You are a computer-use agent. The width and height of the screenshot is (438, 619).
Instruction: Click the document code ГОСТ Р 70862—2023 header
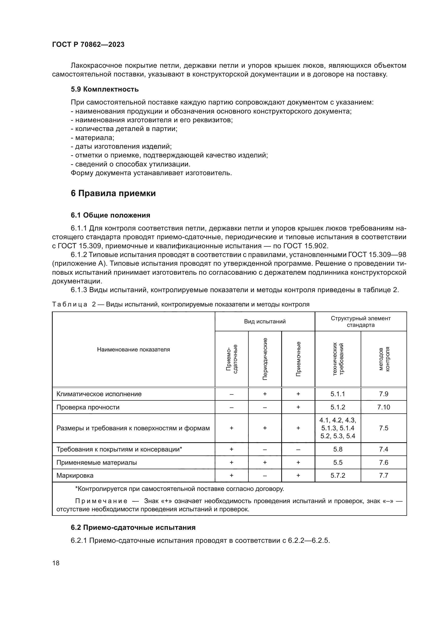[88, 44]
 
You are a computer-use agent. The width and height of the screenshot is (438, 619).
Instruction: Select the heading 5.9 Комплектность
[105, 89]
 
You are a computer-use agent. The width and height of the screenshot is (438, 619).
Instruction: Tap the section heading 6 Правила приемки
[113, 193]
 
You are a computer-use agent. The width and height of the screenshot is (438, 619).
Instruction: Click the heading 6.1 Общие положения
[111, 215]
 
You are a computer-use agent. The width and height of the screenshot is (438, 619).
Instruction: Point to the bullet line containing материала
[92, 138]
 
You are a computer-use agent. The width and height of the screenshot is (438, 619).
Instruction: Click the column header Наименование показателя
[133, 350]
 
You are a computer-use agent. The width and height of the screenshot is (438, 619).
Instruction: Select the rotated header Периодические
[265, 359]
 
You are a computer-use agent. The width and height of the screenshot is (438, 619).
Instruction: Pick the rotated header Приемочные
[298, 359]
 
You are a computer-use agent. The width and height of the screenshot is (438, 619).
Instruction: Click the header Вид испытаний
[265, 321]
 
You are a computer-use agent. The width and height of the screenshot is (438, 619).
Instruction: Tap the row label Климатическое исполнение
[99, 394]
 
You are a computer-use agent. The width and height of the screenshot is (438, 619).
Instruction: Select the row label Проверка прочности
[88, 407]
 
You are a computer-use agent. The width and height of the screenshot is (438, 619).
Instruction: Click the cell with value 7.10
[383, 407]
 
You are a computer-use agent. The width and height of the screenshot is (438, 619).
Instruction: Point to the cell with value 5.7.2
[338, 475]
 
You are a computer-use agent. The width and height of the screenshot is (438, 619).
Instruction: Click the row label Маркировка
[75, 475]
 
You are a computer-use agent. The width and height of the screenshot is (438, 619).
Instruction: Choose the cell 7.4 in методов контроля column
[383, 449]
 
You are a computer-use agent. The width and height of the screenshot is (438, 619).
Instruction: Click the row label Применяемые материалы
[97, 462]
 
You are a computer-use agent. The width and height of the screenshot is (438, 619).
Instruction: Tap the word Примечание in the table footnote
[101, 501]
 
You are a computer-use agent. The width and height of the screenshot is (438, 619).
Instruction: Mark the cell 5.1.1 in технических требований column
[338, 394]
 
